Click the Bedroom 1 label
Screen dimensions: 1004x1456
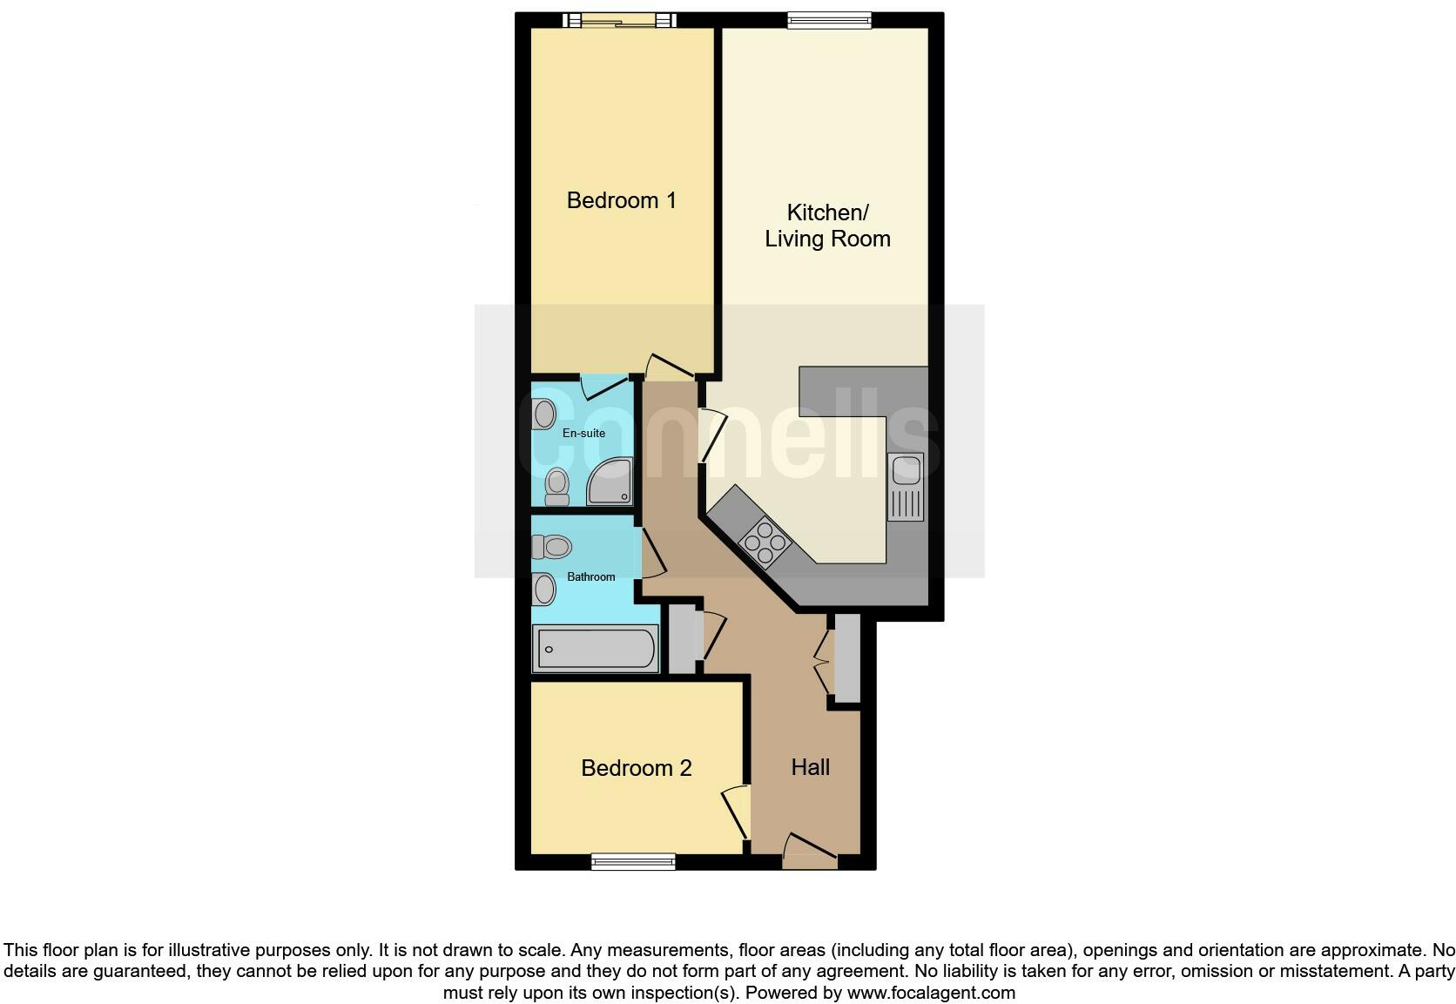(621, 200)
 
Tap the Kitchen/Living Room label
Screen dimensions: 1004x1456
(827, 226)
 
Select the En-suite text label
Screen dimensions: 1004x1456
(583, 433)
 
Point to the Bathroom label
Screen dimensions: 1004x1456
(590, 576)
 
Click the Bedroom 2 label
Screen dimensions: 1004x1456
(636, 768)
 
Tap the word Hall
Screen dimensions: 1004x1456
(810, 767)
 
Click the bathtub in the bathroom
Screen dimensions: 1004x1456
(597, 650)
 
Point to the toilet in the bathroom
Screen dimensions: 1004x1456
(550, 547)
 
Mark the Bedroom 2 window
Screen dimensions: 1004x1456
(633, 862)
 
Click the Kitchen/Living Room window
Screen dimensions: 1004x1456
(829, 20)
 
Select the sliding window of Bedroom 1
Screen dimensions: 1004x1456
(619, 20)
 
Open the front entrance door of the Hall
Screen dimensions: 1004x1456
(810, 852)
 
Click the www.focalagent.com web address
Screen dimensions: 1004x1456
(930, 993)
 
